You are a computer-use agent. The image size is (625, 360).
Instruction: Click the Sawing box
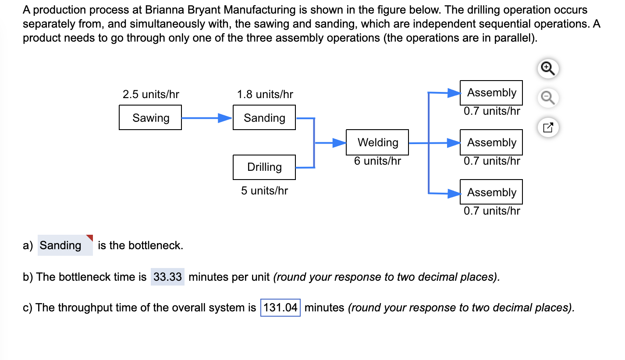pos(150,117)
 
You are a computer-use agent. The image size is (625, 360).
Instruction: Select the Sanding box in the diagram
pos(264,117)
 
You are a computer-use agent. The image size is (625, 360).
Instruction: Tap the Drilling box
pos(264,167)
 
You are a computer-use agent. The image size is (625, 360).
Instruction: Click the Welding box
pos(377,142)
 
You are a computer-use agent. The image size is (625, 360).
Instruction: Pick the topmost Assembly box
pos(491,93)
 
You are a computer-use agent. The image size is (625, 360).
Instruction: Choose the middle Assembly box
pos(491,142)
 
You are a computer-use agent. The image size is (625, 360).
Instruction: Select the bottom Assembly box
pos(491,192)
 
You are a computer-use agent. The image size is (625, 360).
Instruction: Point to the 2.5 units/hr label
pos(151,94)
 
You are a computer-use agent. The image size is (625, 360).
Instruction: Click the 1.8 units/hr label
pos(265,94)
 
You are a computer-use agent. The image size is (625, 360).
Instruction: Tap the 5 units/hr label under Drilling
pos(264,191)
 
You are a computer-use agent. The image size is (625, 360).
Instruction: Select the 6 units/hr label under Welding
pos(377,161)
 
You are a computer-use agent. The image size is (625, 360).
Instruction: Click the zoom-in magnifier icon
pos(548,69)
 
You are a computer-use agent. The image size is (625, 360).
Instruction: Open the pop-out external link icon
pos(548,128)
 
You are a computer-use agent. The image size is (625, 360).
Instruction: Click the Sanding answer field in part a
pos(65,245)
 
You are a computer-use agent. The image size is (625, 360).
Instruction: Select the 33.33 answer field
pos(167,277)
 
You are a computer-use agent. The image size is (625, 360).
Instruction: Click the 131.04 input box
pos(281,307)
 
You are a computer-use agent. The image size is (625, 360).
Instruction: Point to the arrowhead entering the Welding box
pos(339,142)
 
